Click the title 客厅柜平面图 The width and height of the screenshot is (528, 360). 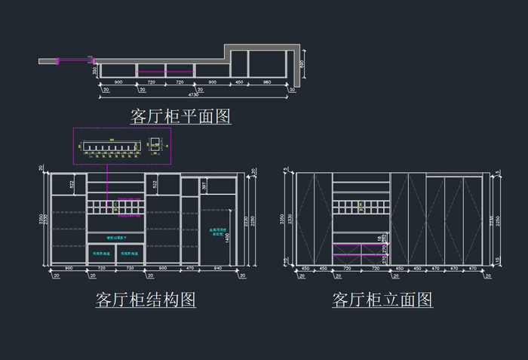(x=180, y=116)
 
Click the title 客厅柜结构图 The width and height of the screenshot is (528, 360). (x=146, y=300)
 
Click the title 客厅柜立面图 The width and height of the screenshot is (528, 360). (x=382, y=300)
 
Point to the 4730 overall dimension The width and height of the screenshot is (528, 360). (x=195, y=95)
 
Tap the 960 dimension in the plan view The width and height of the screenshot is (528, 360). (x=266, y=82)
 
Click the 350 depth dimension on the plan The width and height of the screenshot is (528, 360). (x=94, y=70)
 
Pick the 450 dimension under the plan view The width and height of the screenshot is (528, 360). (x=239, y=82)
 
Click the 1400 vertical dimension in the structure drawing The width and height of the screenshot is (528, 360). (x=227, y=237)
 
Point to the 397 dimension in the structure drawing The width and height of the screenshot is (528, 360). (x=204, y=186)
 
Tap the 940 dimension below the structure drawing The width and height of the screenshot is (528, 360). (x=218, y=269)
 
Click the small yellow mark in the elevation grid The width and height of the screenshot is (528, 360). (x=361, y=205)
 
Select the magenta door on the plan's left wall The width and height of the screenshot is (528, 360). (x=74, y=58)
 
